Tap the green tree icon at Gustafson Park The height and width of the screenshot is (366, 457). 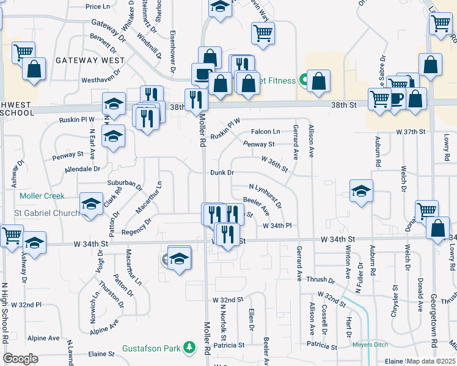(190, 348)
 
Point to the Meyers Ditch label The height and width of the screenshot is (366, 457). (370, 345)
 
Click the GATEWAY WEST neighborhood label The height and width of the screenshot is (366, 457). (90, 60)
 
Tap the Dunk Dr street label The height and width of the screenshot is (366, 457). (222, 173)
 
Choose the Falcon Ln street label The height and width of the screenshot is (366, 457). (266, 131)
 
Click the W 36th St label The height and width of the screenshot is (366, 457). (274, 163)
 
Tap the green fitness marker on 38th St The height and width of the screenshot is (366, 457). (303, 80)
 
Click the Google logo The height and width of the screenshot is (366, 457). (20, 359)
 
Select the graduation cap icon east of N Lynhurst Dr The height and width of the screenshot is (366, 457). (361, 191)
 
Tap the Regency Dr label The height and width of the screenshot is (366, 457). (136, 226)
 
